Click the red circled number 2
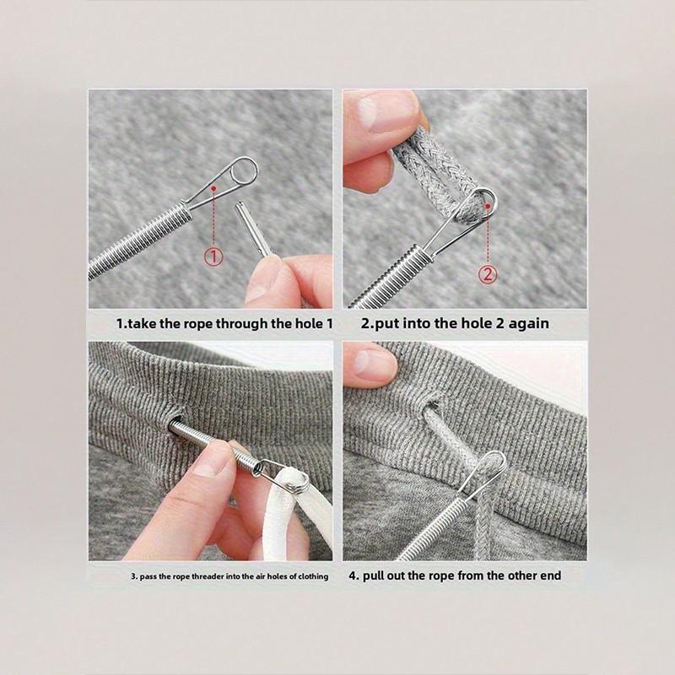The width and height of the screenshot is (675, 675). coord(487,273)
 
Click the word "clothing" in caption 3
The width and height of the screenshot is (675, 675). coord(309,577)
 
